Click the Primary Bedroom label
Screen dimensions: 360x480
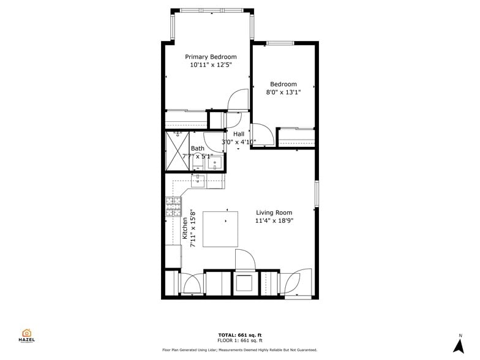(x=211, y=57)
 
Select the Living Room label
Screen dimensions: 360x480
(x=274, y=212)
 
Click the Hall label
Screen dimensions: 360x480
(x=238, y=133)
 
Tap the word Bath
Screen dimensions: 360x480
(x=197, y=148)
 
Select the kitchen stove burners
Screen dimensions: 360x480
(x=173, y=206)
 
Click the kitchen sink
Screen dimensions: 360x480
(x=198, y=180)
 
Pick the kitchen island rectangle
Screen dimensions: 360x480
(x=220, y=229)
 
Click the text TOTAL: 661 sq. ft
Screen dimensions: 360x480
(x=240, y=335)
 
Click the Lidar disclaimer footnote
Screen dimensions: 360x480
(x=240, y=350)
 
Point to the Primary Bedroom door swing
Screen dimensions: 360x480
(x=239, y=100)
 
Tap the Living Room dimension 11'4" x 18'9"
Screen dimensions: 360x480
(x=274, y=220)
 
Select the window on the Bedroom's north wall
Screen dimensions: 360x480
(x=280, y=43)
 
